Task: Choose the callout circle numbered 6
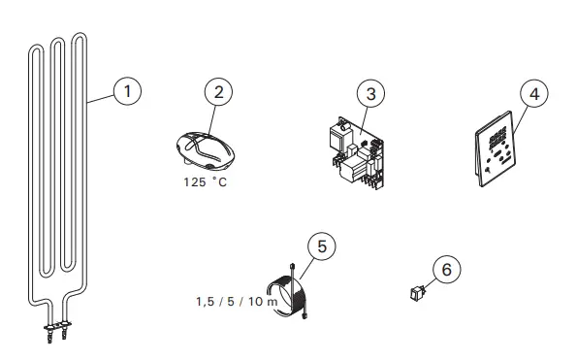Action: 447,272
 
